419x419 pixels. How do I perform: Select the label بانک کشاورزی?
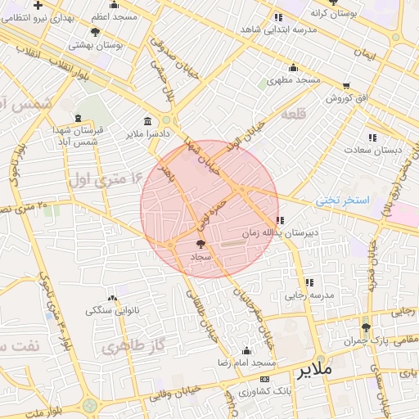tap(266, 392)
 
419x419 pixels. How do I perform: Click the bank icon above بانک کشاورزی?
tap(264, 380)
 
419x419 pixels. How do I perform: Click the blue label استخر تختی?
tap(343, 200)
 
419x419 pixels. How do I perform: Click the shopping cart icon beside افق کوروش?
tap(346, 86)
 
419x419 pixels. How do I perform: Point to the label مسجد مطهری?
tap(296, 80)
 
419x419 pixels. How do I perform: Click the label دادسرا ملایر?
tap(147, 133)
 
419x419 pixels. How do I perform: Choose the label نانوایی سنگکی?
tap(112, 311)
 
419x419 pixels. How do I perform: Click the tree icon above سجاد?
tap(201, 244)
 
